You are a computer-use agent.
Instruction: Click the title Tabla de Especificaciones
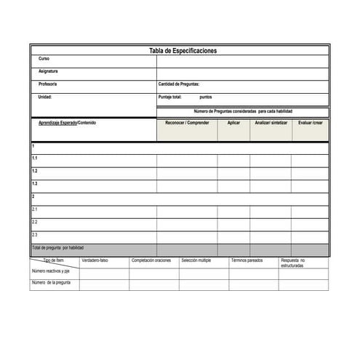click(183, 51)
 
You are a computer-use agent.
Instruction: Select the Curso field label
click(44, 58)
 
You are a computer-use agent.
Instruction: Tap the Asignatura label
click(48, 71)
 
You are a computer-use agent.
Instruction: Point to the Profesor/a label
click(47, 84)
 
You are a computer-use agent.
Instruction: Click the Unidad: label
click(45, 97)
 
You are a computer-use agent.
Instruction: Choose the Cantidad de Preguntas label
click(178, 84)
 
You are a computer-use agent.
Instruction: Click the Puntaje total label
click(170, 97)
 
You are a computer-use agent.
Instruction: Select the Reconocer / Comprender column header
click(187, 123)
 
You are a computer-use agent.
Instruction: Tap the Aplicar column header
click(233, 123)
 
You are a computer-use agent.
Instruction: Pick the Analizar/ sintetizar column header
click(271, 123)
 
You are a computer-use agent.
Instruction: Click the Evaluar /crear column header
click(311, 123)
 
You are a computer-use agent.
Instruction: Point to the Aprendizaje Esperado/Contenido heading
click(67, 123)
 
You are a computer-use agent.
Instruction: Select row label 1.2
click(35, 171)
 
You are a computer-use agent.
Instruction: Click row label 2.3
click(35, 235)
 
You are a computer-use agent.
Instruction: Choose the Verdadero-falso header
click(95, 260)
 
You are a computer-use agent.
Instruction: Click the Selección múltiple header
click(196, 260)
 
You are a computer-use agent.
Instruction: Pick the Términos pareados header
click(247, 260)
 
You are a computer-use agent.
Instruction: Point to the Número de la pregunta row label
click(51, 282)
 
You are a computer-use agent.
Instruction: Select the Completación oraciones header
click(151, 260)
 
